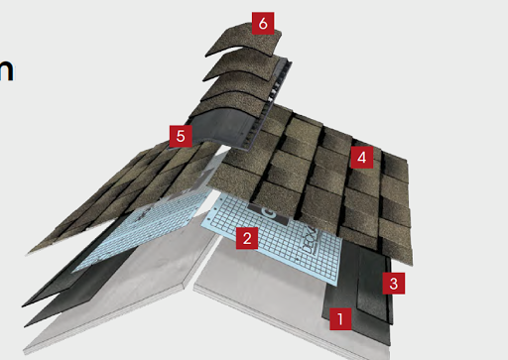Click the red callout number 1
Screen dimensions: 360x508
(x=340, y=319)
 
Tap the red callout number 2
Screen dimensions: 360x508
(x=247, y=237)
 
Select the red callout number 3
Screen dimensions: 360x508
(x=394, y=284)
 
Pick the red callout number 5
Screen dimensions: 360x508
(x=180, y=136)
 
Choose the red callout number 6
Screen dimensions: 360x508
(x=261, y=23)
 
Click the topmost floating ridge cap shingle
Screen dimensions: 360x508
(x=243, y=40)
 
